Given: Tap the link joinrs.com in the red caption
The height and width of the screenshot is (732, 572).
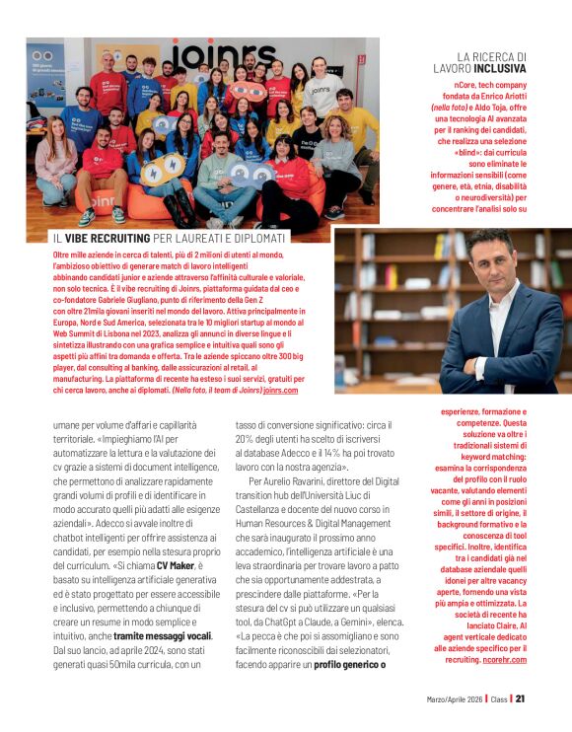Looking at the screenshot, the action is click(x=280, y=391).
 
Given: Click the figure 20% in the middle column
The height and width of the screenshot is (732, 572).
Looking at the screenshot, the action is click(x=247, y=438).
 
